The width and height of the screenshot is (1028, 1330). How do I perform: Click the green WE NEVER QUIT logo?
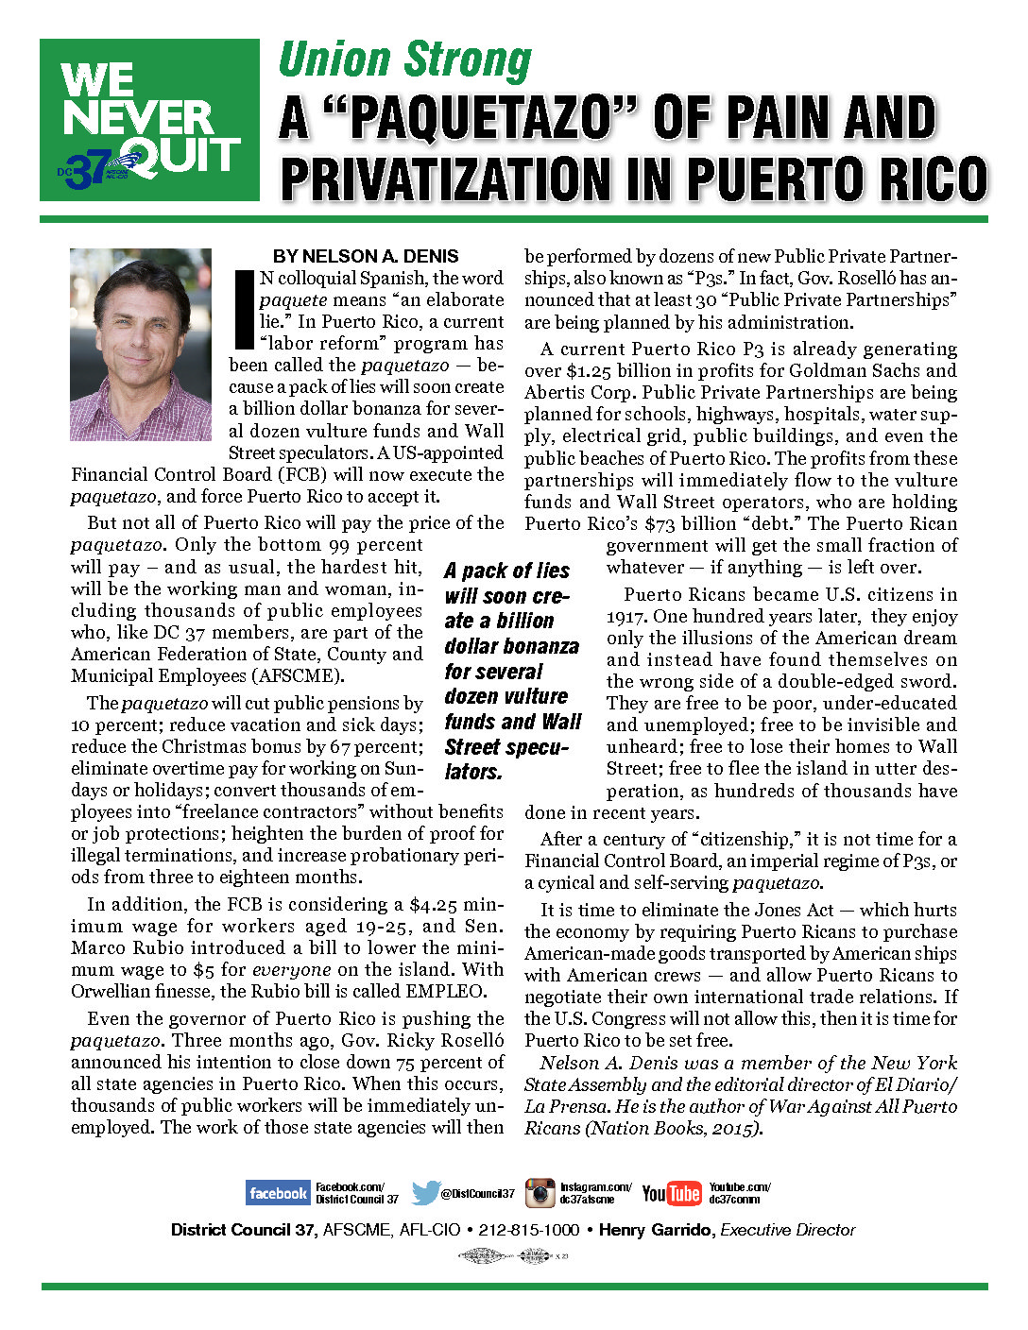[x=149, y=120]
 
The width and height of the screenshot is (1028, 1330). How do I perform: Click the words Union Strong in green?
[x=405, y=60]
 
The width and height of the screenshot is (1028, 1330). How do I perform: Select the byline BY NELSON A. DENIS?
[x=366, y=256]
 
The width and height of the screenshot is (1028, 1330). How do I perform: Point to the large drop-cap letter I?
[x=243, y=309]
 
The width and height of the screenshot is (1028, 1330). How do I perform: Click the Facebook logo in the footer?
[x=278, y=1193]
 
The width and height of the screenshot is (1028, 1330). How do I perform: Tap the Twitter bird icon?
[x=425, y=1193]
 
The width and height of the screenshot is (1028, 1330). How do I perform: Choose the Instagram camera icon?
[x=540, y=1193]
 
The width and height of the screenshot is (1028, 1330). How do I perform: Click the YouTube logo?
[x=672, y=1193]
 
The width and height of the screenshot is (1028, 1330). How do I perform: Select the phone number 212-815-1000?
[x=529, y=1230]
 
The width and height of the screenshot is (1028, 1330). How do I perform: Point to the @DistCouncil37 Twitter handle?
[x=478, y=1194]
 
